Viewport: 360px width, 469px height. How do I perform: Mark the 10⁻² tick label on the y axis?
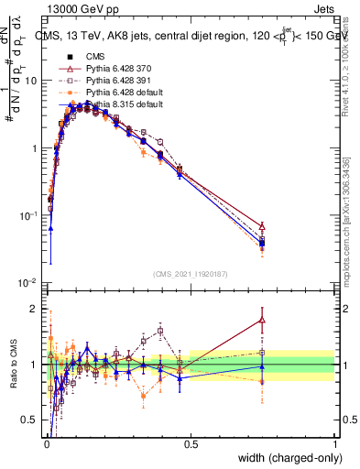click(x=27, y=283)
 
